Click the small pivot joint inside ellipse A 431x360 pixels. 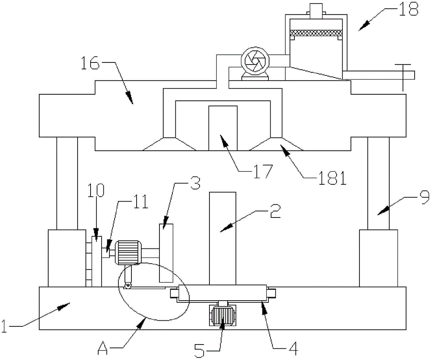(128, 285)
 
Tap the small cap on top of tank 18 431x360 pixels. (316, 9)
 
